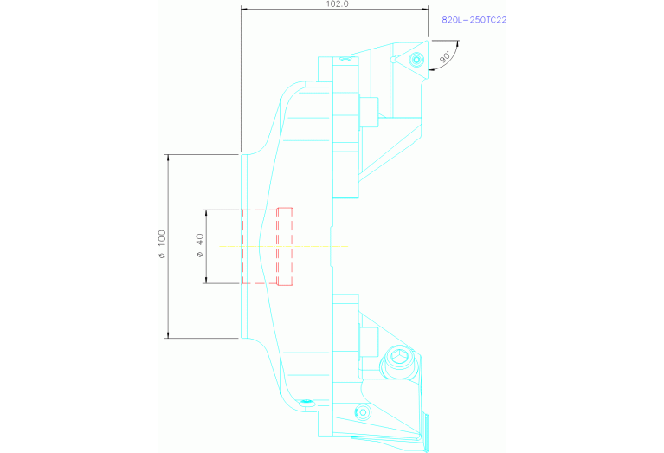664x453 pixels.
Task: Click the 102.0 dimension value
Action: (x=336, y=4)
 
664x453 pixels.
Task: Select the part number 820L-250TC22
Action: (x=474, y=19)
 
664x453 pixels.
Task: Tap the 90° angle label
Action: (x=445, y=58)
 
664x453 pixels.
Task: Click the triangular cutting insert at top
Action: (x=414, y=56)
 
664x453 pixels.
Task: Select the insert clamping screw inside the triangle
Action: (x=417, y=60)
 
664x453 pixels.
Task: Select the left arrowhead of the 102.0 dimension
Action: (x=244, y=10)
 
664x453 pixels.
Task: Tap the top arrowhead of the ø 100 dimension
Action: (x=168, y=158)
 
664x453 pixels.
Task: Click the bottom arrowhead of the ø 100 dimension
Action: (x=168, y=334)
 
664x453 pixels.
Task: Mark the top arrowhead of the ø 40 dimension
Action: (x=206, y=212)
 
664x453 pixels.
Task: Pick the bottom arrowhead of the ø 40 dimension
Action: (x=206, y=280)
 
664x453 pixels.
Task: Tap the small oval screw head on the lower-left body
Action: (x=306, y=402)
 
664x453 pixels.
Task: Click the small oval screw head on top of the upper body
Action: (x=345, y=60)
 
